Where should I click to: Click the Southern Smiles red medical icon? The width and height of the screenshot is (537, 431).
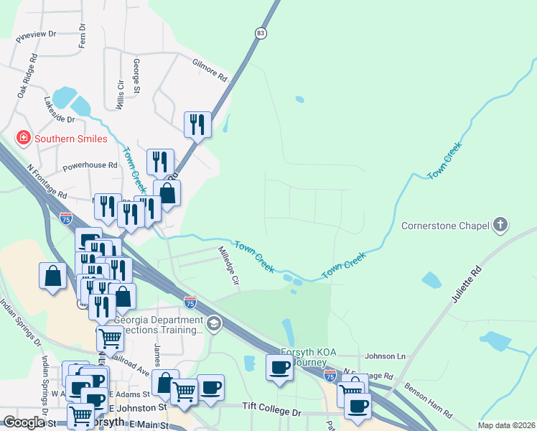tap(24, 138)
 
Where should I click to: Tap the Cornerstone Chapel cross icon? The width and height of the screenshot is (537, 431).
tap(501, 226)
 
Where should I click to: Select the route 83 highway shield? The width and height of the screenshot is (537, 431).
tap(260, 33)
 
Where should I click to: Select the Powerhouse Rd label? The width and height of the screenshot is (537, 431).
tap(90, 165)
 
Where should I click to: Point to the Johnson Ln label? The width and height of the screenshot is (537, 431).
tap(385, 356)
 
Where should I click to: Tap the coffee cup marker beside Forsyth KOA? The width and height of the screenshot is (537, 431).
tap(279, 367)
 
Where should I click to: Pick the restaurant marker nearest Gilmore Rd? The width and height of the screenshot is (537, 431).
tap(197, 124)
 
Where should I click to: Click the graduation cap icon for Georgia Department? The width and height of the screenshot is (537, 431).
tap(213, 325)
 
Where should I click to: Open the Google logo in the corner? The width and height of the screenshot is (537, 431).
tap(24, 422)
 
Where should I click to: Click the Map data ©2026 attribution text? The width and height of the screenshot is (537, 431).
tap(505, 425)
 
